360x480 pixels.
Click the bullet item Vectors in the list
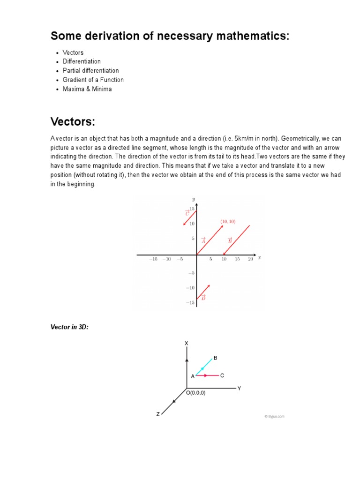pos(73,52)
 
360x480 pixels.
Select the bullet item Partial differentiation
pos(90,71)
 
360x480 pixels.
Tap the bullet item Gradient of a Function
pos(93,80)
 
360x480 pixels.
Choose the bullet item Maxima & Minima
pos(87,89)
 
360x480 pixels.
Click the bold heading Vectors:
pos(73,122)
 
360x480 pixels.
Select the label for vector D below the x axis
pos(203,297)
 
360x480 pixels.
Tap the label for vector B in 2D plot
pos(230,240)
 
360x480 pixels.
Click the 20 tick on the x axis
pos(250,259)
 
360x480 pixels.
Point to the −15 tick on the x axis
pos(153,259)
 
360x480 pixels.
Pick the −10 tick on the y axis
pos(190,288)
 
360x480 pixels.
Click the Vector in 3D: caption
pos(69,327)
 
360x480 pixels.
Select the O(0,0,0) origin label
pos(195,393)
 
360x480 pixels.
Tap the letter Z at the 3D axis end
pos(158,414)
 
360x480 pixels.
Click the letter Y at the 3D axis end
pos(239,389)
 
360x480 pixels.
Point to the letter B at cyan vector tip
pos(215,358)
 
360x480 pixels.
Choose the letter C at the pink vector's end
pos(222,375)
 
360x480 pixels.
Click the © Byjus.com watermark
pos(274,416)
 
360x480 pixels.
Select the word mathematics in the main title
pos(249,36)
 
